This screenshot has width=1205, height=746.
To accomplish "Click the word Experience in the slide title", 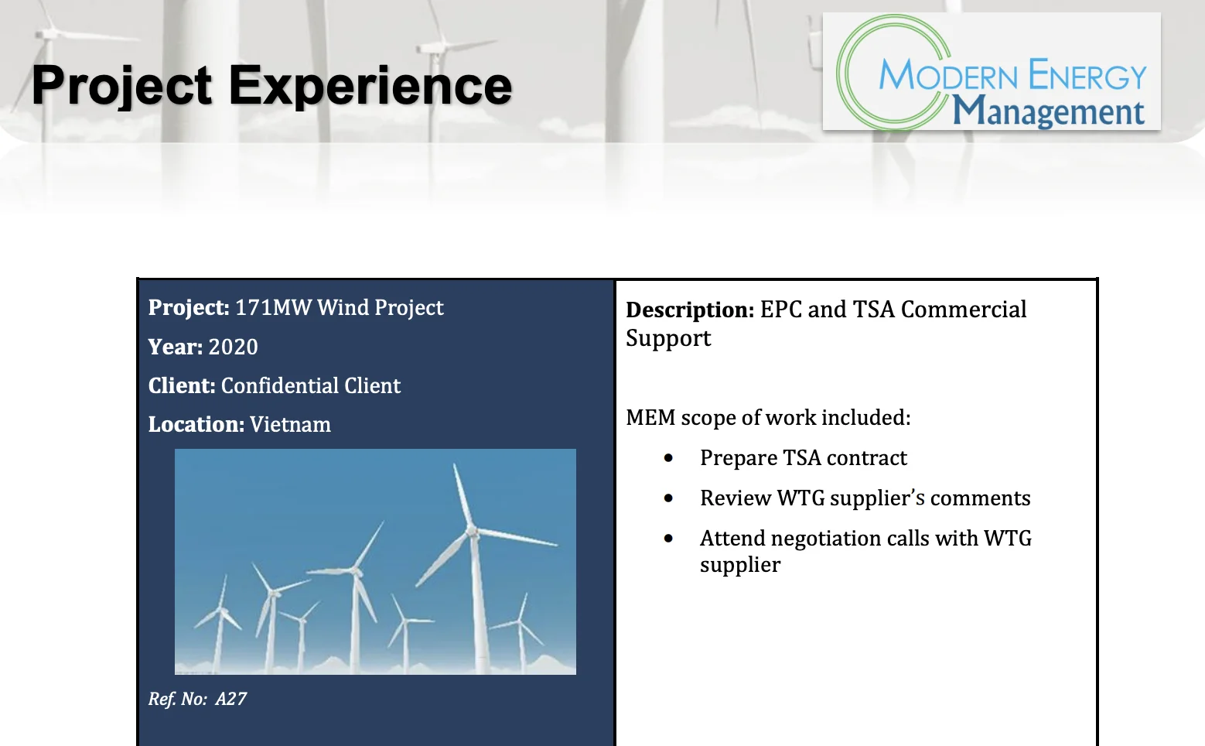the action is point(370,86).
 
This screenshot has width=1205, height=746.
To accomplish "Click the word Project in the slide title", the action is point(121,86).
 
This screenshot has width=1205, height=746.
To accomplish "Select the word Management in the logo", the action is point(1048,111).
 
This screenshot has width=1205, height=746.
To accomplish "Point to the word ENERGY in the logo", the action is point(1087,76).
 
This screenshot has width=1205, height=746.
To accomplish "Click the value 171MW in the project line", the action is point(273,307).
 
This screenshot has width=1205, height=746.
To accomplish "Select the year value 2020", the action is point(233,347).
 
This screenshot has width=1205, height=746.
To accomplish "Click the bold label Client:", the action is point(182,385).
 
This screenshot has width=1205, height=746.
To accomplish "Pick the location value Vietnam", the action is point(290,425).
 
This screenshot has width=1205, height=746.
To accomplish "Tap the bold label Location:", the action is point(196,425).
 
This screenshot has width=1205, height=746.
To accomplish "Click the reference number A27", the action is point(230,699).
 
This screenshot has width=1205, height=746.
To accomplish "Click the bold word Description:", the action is point(690,310).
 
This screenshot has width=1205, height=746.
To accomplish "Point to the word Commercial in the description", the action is point(964,310).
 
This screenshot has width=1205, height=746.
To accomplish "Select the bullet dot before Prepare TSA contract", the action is point(668,458).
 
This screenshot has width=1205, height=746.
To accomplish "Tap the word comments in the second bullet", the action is point(980,498).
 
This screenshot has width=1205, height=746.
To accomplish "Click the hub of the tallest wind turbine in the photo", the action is point(473,532).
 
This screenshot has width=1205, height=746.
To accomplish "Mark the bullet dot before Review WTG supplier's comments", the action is point(668,498).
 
